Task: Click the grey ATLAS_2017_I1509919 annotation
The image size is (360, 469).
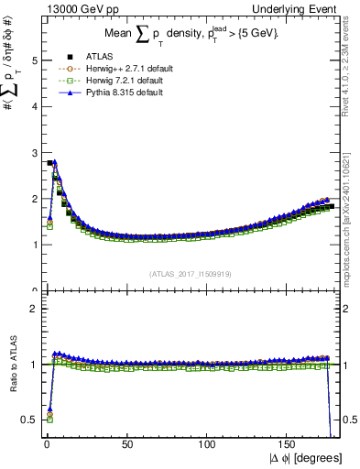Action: [x=188, y=274]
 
